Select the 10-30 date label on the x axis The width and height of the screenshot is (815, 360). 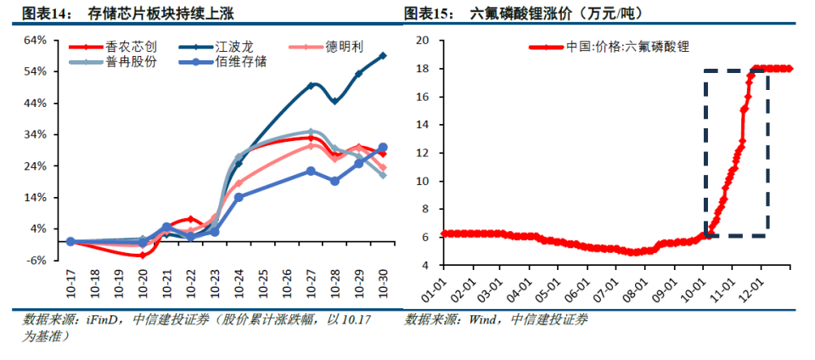pos(383,284)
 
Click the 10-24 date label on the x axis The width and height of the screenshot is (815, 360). pos(239,284)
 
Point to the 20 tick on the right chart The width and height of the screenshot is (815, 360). pos(421,41)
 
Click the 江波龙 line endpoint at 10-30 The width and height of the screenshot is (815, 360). pos(383,55)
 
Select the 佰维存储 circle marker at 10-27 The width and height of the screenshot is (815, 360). pos(311,172)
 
